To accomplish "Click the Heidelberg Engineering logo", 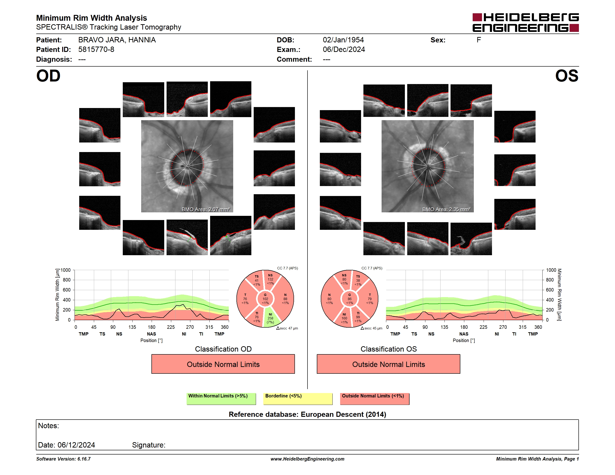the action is point(526,23).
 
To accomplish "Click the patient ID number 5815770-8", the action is point(96,50).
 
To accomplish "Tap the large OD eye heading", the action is point(48,76).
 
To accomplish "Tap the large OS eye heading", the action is point(567,76).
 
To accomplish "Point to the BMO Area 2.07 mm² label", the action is point(205,209).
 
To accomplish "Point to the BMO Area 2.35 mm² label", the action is point(446,209).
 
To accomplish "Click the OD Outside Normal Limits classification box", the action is point(223,364).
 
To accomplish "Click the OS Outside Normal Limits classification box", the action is point(388,364).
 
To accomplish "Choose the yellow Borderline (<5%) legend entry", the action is point(298,398).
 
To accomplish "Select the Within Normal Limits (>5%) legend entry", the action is point(221,398).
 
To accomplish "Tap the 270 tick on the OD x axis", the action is point(190,327).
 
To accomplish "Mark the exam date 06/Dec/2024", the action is point(344,50).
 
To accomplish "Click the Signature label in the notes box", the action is point(149,445).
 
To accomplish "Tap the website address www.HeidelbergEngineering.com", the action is point(307,459).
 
